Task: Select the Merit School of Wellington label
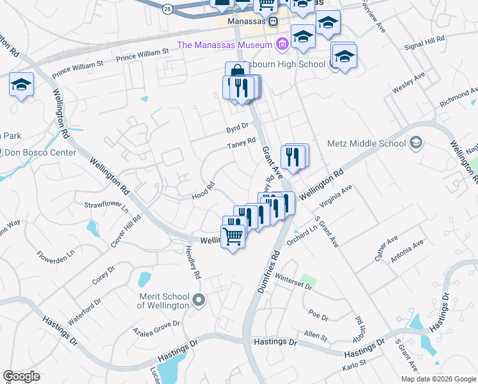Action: click(164, 301)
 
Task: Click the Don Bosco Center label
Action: click(40, 152)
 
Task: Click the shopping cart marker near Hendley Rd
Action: click(233, 237)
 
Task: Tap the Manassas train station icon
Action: click(274, 22)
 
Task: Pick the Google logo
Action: click(21, 376)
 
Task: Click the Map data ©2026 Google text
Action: click(438, 379)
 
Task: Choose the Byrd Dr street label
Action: click(236, 128)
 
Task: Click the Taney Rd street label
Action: click(241, 144)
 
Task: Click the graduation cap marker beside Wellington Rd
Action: click(21, 86)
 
